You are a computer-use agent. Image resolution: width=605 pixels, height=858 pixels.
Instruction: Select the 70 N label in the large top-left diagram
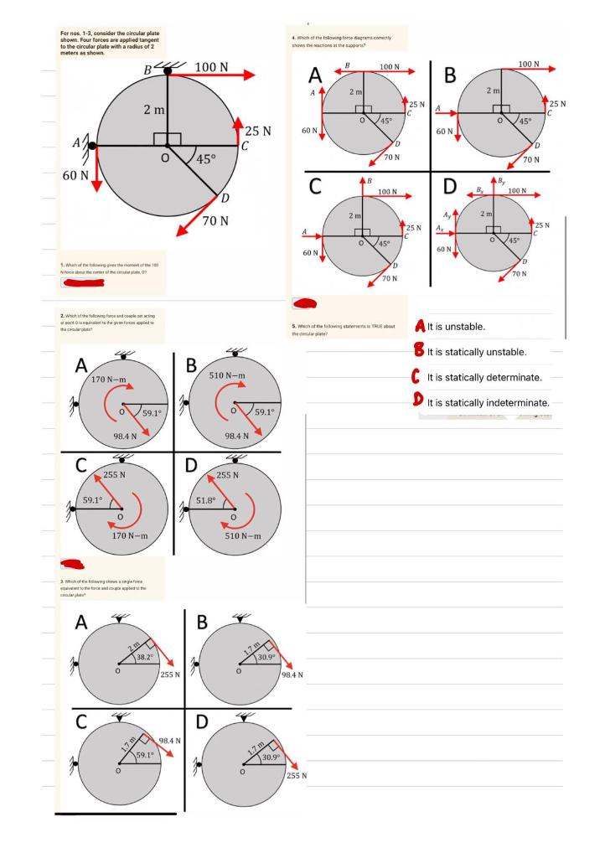tap(221, 220)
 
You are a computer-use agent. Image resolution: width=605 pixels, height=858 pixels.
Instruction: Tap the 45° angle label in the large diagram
tap(209, 159)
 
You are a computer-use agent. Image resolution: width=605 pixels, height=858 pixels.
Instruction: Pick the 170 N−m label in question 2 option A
tap(109, 380)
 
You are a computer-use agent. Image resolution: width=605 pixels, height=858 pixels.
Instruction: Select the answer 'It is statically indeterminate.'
tap(488, 403)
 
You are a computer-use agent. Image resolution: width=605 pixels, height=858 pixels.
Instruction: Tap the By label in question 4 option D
tap(502, 178)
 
